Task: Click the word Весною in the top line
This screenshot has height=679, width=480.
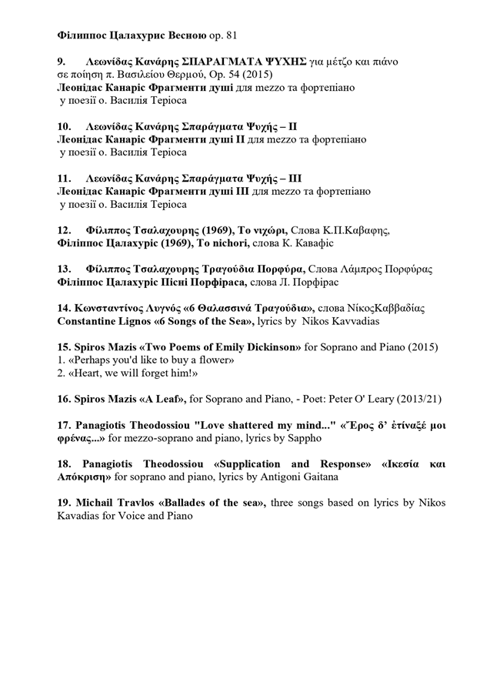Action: point(183,35)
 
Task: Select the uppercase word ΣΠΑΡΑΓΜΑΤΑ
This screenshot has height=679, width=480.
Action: point(219,61)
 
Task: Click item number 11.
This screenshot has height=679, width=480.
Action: point(65,176)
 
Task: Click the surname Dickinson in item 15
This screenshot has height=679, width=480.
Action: point(265,347)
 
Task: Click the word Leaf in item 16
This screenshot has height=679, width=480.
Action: point(168,400)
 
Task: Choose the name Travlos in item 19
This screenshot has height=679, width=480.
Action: point(126,503)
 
